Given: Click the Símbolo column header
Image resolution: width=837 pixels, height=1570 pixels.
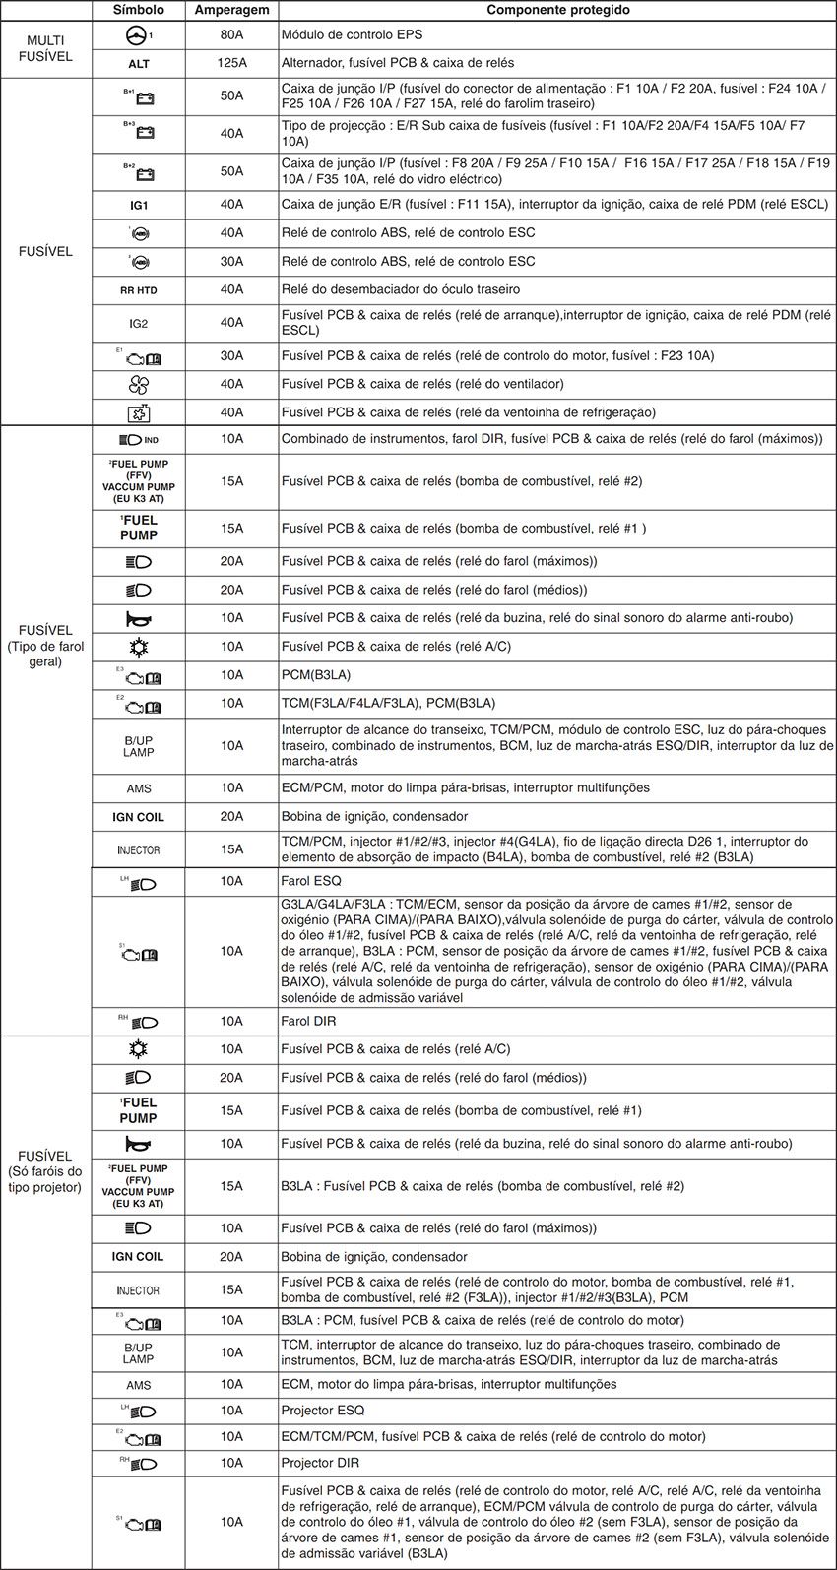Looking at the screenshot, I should pyautogui.click(x=139, y=10).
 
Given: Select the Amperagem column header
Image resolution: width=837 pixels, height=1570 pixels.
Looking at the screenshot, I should pyautogui.click(x=231, y=10).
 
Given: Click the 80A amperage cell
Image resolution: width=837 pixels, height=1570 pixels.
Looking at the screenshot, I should pyautogui.click(x=231, y=34).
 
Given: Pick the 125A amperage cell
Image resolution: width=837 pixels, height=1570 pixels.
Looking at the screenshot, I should pyautogui.click(x=231, y=63).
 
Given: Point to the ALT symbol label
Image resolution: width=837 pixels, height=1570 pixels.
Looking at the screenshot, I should pyautogui.click(x=139, y=63).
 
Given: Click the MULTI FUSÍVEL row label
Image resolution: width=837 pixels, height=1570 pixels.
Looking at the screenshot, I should pyautogui.click(x=45, y=49).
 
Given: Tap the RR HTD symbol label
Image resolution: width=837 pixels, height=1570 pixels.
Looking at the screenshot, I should pyautogui.click(x=139, y=290).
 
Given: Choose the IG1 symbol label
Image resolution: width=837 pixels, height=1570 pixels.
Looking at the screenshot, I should pyautogui.click(x=139, y=205).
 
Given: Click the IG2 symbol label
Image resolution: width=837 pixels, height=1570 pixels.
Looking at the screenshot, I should pyautogui.click(x=139, y=323).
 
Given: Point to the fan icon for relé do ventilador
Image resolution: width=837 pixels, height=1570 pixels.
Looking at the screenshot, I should pyautogui.click(x=139, y=385).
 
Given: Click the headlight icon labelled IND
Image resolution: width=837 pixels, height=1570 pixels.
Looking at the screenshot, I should pyautogui.click(x=133, y=439).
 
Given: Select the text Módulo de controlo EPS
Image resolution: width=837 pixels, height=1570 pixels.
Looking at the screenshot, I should pyautogui.click(x=352, y=34).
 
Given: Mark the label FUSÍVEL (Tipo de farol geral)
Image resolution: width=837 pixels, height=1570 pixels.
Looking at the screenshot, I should pyautogui.click(x=45, y=646).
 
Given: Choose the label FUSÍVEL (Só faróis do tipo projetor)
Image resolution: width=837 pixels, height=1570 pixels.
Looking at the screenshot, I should pyautogui.click(x=45, y=1171).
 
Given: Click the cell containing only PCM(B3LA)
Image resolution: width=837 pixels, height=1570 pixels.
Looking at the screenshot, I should pyautogui.click(x=316, y=675).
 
